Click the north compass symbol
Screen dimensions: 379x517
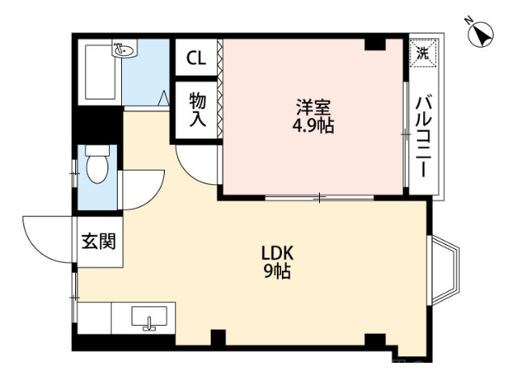point(482,33)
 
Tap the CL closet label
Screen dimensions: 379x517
point(195,57)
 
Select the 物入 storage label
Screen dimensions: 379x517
point(197,110)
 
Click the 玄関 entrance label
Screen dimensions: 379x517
point(98,241)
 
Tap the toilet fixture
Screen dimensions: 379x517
point(97,168)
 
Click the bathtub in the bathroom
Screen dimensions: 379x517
point(103,73)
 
